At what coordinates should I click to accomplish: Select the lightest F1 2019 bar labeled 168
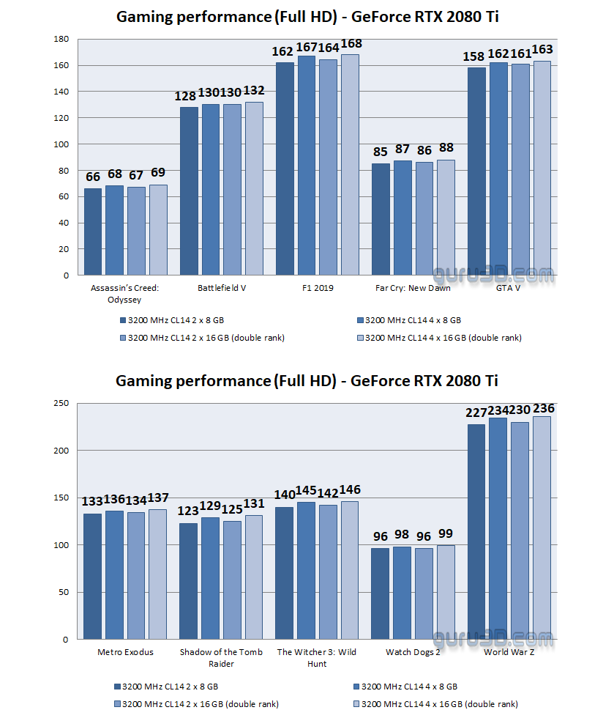(x=350, y=165)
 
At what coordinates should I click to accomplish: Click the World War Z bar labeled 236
(x=542, y=528)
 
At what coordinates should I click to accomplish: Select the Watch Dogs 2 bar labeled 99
(x=446, y=592)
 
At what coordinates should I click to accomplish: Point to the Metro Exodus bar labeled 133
(x=92, y=576)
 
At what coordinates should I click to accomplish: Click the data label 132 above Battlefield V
(x=254, y=91)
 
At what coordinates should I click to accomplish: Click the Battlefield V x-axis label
(x=222, y=288)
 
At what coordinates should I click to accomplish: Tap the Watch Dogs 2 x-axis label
(x=413, y=652)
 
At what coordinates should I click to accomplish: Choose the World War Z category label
(x=509, y=652)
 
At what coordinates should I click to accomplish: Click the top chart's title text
(x=307, y=16)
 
